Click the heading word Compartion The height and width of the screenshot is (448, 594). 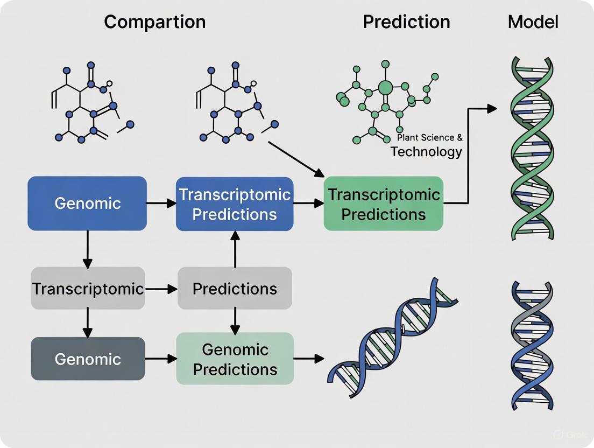(x=154, y=22)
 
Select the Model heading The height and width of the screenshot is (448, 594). (x=533, y=22)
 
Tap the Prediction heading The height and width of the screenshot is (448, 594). (x=406, y=22)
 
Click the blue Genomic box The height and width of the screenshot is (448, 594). (x=87, y=204)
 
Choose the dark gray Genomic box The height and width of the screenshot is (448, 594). (x=88, y=359)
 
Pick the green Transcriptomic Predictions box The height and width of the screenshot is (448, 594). (x=383, y=204)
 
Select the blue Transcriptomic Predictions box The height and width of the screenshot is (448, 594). (x=235, y=204)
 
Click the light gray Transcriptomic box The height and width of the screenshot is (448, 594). (x=88, y=289)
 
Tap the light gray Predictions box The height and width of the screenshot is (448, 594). (x=235, y=289)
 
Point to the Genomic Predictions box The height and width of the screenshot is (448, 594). (x=235, y=359)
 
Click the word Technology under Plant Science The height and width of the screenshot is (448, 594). (x=426, y=152)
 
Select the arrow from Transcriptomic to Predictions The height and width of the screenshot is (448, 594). (x=161, y=289)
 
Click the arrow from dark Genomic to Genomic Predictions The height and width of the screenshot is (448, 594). (x=161, y=358)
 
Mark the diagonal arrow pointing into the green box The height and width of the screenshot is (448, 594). (x=296, y=159)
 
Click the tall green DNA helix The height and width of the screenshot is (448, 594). (x=532, y=148)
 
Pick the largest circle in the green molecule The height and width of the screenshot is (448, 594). (x=385, y=87)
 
